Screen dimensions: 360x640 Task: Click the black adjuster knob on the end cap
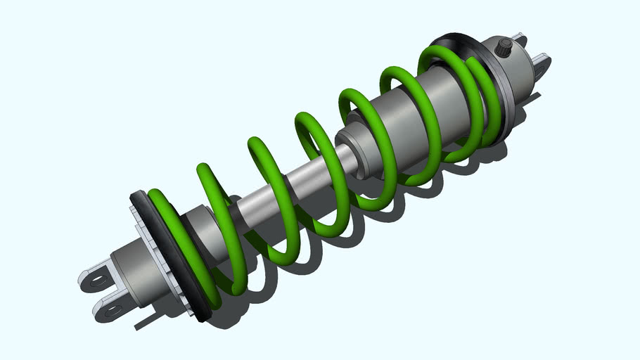504,48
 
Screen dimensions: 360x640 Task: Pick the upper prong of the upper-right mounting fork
520,38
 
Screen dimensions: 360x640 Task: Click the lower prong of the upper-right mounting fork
542,66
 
